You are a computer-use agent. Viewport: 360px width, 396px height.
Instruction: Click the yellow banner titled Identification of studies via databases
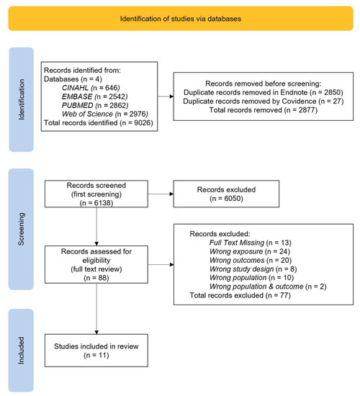point(179,17)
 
